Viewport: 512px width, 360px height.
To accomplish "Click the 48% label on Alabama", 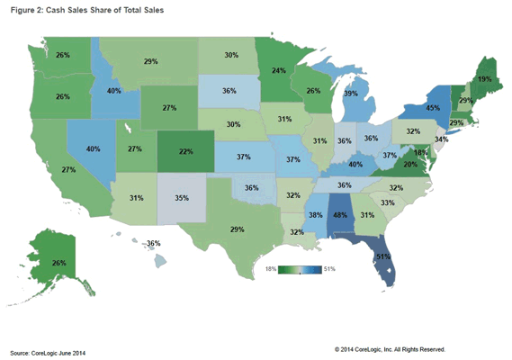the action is point(340,215).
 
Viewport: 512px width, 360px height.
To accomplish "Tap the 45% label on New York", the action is point(433,107).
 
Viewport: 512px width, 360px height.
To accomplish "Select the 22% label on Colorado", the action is point(185,151).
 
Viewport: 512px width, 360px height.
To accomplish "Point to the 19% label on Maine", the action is point(485,79).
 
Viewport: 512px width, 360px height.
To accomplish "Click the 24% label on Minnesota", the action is point(279,70).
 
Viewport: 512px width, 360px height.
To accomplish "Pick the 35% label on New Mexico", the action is point(182,198).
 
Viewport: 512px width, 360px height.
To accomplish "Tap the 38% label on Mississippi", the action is point(316,215).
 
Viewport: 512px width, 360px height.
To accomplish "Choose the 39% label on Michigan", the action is point(351,94).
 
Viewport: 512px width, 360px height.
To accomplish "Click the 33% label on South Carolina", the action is point(388,202).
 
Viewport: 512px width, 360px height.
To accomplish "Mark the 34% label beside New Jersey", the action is point(442,139).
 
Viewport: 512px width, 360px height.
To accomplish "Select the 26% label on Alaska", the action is point(59,263).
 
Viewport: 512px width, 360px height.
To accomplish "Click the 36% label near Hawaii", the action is point(154,243).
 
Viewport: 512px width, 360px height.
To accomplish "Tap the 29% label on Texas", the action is point(237,229).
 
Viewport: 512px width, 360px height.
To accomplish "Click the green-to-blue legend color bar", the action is point(300,269).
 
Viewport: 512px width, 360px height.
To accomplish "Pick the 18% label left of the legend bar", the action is point(271,269).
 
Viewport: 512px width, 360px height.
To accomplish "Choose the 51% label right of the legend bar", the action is point(329,269).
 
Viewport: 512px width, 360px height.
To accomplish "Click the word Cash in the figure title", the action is point(56,10).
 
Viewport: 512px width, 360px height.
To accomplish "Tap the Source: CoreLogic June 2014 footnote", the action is point(48,353).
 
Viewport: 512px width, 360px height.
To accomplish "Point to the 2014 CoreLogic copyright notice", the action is point(390,349).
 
